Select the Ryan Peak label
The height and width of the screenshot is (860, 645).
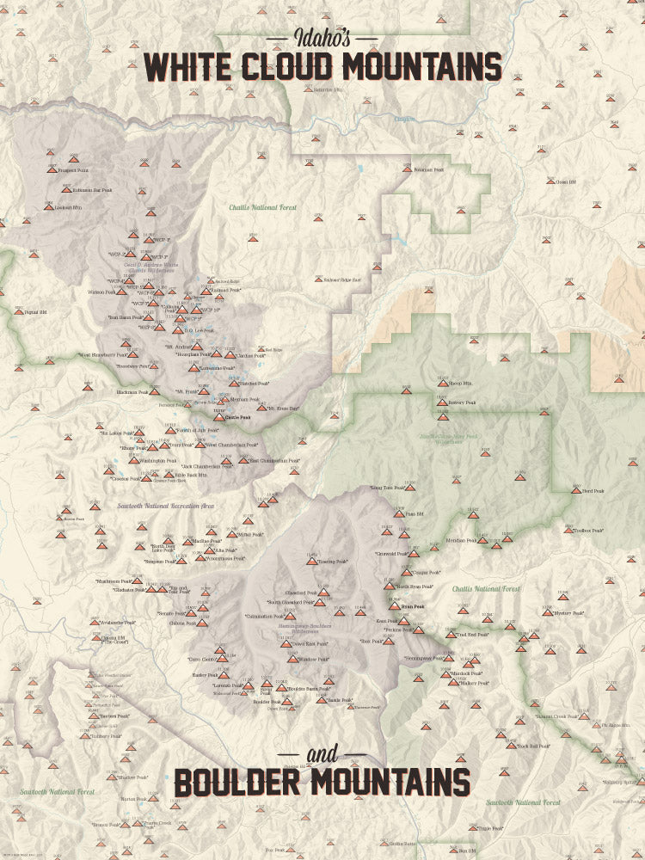(x=412, y=607)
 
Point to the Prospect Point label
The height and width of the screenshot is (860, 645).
(x=75, y=170)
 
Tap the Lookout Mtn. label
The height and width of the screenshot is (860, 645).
(x=68, y=208)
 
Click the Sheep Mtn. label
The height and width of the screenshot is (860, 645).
(x=460, y=384)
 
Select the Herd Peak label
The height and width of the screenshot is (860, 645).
(x=593, y=491)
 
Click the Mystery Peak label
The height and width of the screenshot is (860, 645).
(x=568, y=613)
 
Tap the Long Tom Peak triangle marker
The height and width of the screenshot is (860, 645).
(x=410, y=488)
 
